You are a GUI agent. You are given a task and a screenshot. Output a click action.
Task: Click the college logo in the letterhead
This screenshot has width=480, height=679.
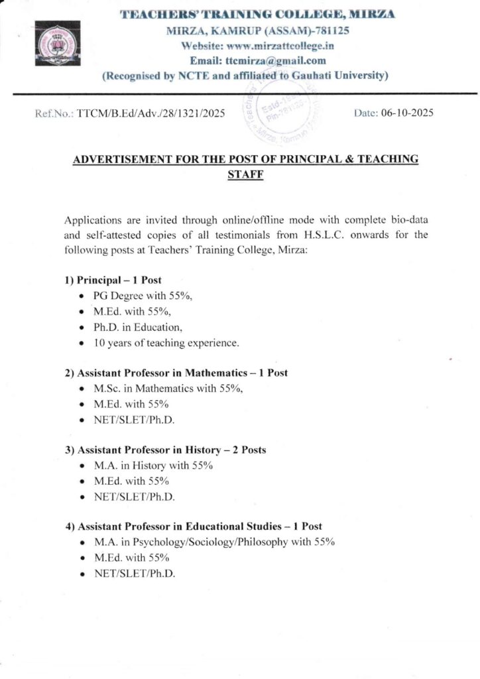coord(57,43)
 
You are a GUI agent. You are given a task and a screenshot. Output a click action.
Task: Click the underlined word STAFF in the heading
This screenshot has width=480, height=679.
coord(246,175)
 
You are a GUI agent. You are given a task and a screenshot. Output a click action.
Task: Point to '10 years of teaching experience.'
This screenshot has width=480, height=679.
coord(166,343)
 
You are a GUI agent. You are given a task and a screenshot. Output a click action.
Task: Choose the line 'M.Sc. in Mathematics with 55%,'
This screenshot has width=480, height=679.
coord(169,389)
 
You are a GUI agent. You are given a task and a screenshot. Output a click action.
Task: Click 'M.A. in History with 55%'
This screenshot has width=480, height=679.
coord(153,465)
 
